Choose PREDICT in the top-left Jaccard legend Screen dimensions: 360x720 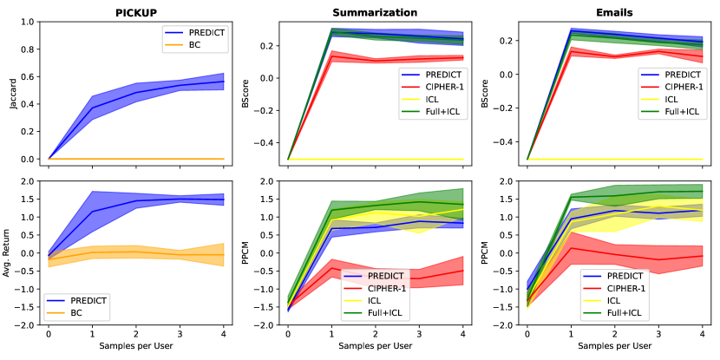pyautogui.click(x=206, y=33)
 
